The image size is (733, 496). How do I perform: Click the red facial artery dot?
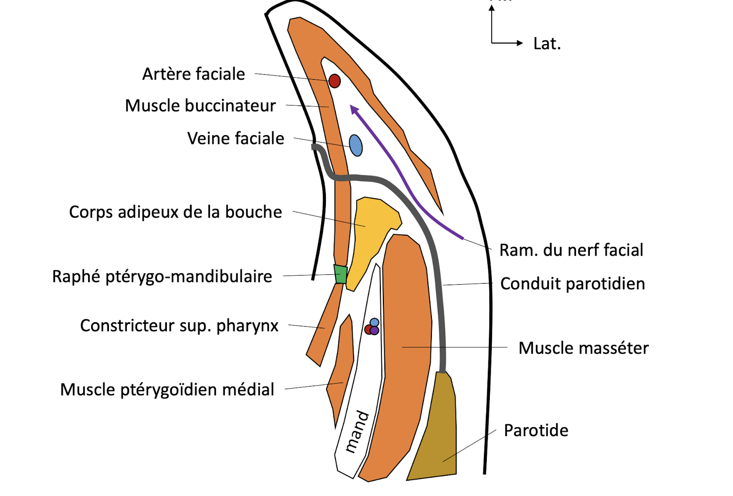click(x=335, y=81)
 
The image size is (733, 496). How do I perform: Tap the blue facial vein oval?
click(x=356, y=146)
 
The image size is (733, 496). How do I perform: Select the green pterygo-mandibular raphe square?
click(x=340, y=274)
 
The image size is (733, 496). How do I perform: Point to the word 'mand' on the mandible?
click(x=357, y=432)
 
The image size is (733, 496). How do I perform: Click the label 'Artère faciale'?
click(x=194, y=74)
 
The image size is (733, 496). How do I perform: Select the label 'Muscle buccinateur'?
click(x=200, y=106)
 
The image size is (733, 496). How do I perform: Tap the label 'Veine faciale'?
click(x=236, y=139)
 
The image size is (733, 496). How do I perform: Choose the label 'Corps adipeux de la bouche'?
click(x=175, y=212)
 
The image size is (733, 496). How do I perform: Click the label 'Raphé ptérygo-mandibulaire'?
click(x=162, y=277)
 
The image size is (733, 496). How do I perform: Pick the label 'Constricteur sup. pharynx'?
click(x=179, y=326)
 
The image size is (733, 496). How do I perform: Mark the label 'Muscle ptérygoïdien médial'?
click(x=167, y=390)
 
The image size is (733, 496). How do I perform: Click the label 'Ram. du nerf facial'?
click(x=571, y=250)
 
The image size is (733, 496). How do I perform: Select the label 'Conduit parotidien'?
click(x=573, y=284)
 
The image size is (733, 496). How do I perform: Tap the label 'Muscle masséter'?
click(x=583, y=348)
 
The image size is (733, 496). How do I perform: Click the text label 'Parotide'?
click(x=536, y=431)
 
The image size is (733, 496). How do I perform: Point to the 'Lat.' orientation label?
click(x=547, y=44)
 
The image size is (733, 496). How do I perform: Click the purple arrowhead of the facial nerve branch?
click(x=354, y=109)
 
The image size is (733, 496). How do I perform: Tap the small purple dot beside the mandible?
click(x=375, y=331)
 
